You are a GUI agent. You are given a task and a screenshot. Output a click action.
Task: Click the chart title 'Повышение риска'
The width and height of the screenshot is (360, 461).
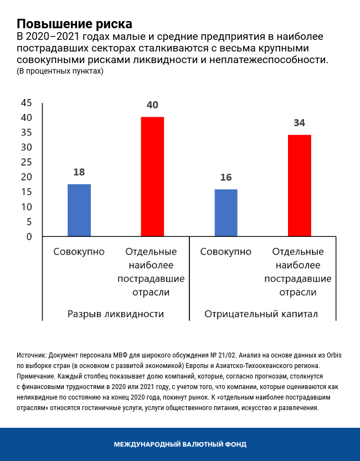(75, 24)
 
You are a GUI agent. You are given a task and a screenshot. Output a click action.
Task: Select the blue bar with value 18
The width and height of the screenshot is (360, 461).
(79, 210)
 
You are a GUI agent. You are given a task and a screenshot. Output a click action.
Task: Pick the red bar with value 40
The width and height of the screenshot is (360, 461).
(152, 177)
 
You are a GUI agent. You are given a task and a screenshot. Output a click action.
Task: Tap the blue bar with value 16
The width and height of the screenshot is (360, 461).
(226, 213)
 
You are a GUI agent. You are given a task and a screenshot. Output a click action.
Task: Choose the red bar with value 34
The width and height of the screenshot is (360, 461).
(300, 185)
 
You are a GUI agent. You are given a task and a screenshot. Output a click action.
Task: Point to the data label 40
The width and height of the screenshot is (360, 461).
(152, 105)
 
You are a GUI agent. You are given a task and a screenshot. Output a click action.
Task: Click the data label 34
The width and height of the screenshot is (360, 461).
(300, 123)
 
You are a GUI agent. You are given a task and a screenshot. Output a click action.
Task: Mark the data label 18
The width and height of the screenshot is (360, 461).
(79, 172)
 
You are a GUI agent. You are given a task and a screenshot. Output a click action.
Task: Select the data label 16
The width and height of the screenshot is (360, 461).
(226, 178)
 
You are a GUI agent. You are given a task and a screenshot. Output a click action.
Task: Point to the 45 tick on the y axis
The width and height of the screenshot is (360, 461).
(26, 103)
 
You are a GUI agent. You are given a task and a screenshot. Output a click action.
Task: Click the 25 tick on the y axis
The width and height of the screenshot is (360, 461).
(26, 162)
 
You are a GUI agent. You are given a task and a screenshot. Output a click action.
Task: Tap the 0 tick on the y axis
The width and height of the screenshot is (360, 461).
(29, 237)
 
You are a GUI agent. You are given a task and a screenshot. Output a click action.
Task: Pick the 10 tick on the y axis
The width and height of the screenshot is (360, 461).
(26, 207)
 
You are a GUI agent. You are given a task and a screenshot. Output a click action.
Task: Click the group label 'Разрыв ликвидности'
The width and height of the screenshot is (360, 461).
(116, 314)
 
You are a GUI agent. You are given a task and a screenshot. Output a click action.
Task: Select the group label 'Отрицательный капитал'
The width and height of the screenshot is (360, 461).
(261, 314)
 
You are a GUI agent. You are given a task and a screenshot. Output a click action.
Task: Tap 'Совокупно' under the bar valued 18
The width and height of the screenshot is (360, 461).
(79, 252)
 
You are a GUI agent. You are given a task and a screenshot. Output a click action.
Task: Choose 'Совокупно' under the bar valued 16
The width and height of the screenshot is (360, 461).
(226, 252)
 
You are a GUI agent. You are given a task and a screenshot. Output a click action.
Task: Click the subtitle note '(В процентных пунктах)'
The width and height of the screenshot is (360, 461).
(60, 71)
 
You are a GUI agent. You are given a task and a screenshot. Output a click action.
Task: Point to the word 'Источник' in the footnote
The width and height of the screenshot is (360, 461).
(32, 355)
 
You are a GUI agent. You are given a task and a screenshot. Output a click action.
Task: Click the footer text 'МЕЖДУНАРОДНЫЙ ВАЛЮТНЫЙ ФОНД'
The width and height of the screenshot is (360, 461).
(180, 444)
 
